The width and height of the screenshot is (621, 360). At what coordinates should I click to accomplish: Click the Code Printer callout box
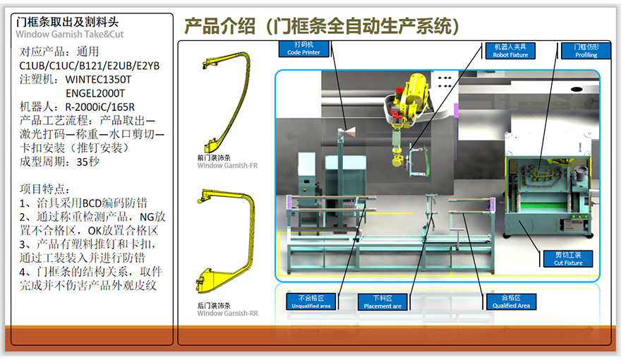coord(303,49)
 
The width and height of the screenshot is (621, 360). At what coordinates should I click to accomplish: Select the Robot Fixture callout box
coord(510,50)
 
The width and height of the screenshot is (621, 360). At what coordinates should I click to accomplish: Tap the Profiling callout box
coord(586,50)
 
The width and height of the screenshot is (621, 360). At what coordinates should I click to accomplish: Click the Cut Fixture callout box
coord(568,258)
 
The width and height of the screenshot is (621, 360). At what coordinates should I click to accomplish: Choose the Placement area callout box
coord(382,302)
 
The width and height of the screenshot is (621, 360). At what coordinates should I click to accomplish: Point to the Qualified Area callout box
coord(512,302)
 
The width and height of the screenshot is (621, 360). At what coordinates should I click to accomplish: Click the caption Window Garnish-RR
coord(227,313)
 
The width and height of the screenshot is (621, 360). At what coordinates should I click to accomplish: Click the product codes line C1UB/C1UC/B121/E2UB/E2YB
coord(89,66)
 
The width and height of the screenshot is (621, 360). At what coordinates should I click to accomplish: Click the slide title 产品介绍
coord(215,27)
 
